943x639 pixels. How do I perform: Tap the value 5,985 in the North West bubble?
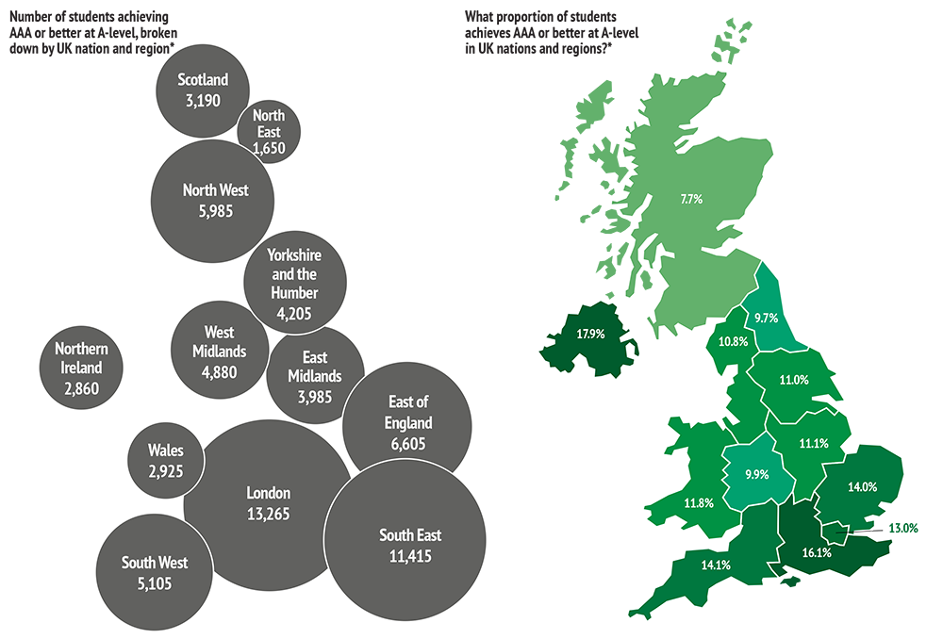coord(215,211)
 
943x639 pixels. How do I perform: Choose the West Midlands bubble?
coord(218,351)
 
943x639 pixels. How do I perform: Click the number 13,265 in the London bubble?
coord(268,515)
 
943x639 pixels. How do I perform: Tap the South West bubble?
coord(154,573)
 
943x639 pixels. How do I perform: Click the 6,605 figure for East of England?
coord(409,445)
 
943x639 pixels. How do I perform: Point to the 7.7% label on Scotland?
coord(692,200)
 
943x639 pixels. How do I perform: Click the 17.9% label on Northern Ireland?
coord(590,334)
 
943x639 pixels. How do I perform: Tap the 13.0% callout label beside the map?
coord(902,529)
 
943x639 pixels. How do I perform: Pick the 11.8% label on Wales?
coord(698,502)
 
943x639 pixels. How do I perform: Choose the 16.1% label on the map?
coord(816,553)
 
